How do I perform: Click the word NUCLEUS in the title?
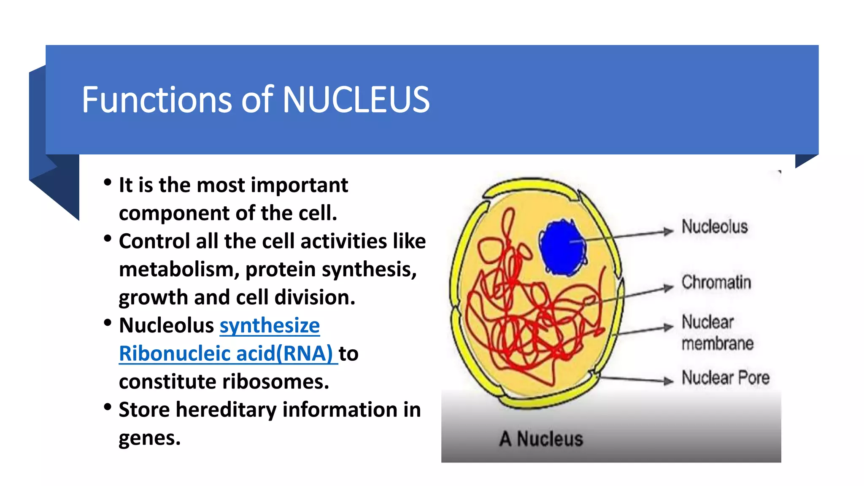click(356, 100)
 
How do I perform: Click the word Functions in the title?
click(157, 100)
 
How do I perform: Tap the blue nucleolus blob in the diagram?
click(562, 248)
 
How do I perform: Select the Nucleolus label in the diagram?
click(715, 227)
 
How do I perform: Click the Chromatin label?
click(716, 282)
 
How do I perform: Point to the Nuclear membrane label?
click(717, 333)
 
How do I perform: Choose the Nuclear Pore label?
click(726, 378)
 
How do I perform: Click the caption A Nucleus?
click(541, 439)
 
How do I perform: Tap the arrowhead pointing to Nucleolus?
click(668, 231)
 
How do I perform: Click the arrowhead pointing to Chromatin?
click(668, 288)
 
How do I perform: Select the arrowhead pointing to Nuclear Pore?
click(668, 381)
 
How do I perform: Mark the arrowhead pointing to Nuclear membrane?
click(668, 327)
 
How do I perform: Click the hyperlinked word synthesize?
click(270, 326)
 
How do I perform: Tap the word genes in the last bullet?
click(149, 438)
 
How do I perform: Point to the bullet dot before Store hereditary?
click(108, 407)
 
